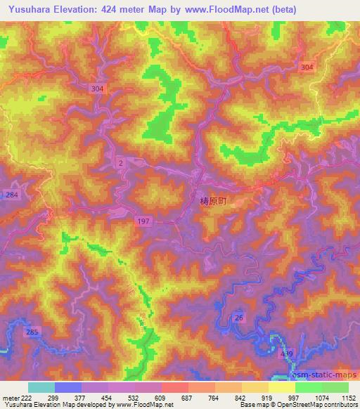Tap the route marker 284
click(x=12, y=194)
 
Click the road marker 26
click(x=239, y=318)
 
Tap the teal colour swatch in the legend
click(x=41, y=387)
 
